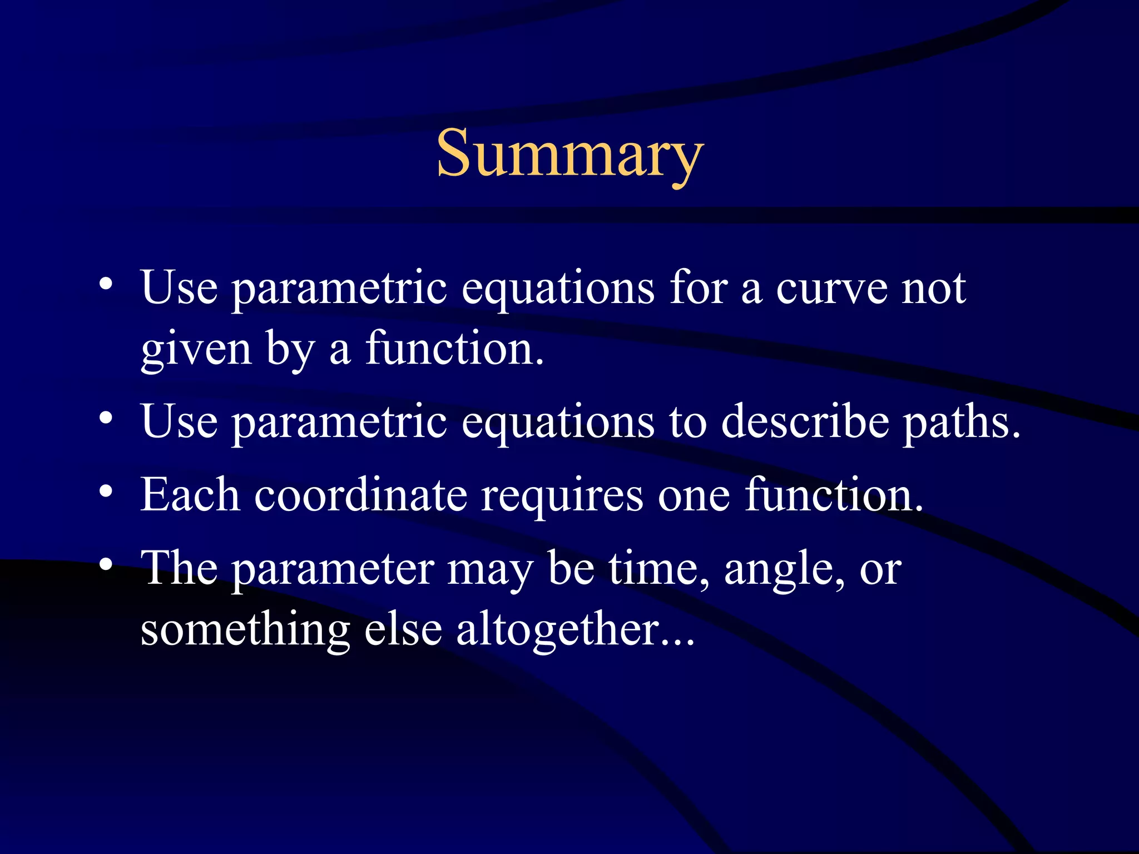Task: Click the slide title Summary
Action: click(x=569, y=153)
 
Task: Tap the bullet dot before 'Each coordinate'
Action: click(x=106, y=491)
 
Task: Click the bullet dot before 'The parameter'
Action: click(x=106, y=564)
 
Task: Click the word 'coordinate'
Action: click(x=360, y=495)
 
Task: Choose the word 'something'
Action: click(x=245, y=631)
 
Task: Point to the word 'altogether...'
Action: click(x=576, y=631)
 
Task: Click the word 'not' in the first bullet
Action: click(x=933, y=289)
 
